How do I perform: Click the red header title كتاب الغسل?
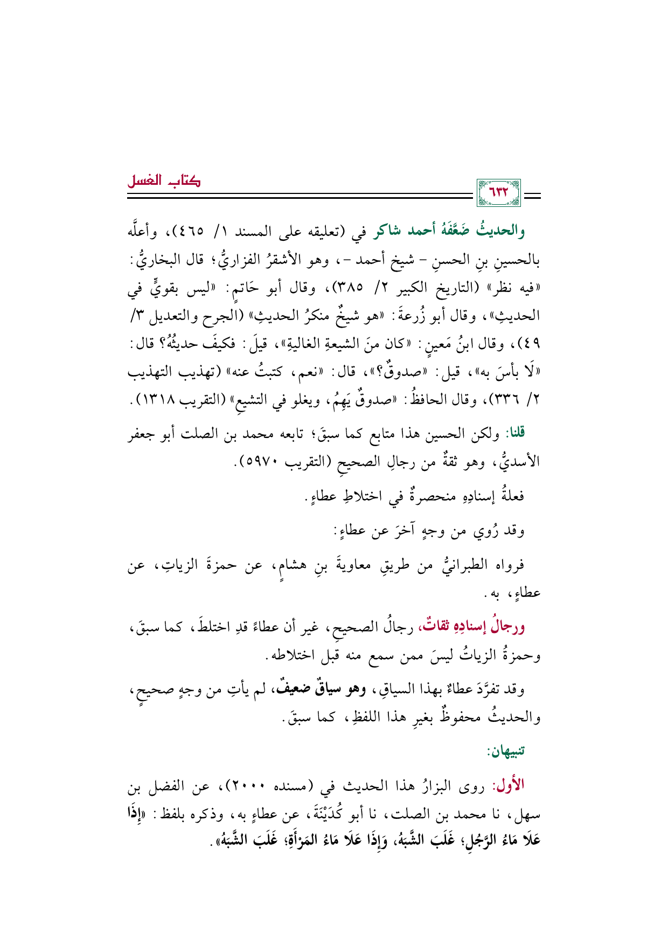163,181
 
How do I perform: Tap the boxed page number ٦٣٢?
498,193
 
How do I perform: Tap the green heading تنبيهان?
505,751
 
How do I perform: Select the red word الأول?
511,786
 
